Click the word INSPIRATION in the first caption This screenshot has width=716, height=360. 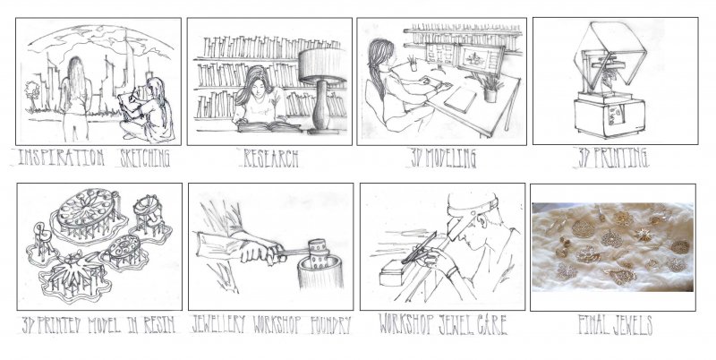pos(61,159)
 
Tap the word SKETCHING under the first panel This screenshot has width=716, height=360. pos(145,159)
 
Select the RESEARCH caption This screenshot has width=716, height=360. pos(271,159)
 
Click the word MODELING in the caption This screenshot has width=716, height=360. pos(451,159)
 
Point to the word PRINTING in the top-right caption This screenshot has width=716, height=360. pos(620,159)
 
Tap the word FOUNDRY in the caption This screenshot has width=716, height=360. pos(330,325)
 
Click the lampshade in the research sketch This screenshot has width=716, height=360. pos(322,65)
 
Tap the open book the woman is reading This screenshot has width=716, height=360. pos(268,126)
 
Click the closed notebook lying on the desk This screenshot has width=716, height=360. pos(460,100)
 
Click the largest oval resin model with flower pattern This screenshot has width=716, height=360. pos(87,209)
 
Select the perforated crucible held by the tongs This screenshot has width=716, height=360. pos(319,253)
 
